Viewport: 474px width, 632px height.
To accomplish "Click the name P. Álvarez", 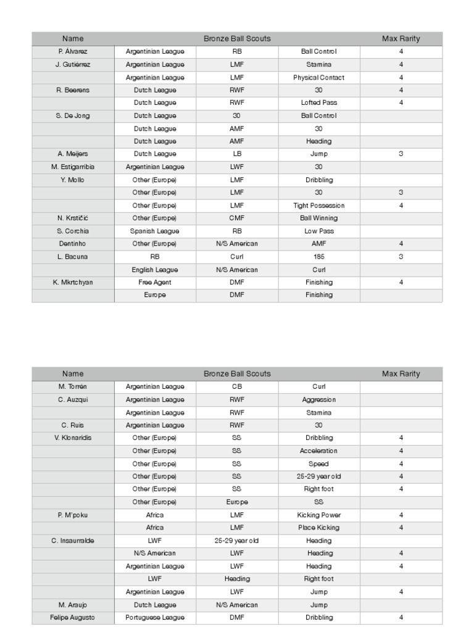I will pos(73,52).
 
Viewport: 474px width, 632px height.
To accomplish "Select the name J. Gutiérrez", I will pos(73,65).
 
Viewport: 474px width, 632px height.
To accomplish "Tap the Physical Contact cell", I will pos(318,78).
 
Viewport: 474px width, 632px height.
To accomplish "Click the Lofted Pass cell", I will pos(318,103).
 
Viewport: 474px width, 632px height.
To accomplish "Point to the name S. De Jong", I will pos(73,116).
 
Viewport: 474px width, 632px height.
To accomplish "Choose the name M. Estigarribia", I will pos(73,167).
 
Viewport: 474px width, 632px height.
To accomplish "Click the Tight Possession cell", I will pos(318,206).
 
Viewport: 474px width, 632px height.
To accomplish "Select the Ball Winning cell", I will pos(318,218).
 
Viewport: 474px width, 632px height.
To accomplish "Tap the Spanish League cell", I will pos(155,231).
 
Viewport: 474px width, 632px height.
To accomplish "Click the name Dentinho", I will pos(73,244).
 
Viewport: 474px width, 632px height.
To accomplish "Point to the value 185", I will pos(318,257).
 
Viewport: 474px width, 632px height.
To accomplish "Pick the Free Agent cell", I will pos(155,283).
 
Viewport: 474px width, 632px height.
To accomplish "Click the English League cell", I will pos(155,270).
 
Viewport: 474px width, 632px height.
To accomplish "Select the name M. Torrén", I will pos(73,387).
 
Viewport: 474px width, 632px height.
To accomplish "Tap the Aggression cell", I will pos(318,400).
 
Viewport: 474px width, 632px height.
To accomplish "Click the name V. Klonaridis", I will pos(73,438).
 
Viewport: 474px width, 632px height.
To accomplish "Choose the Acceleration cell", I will pos(318,451).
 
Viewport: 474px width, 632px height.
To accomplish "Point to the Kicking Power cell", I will pos(318,515).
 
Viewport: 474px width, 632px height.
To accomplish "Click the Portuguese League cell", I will pos(155,618).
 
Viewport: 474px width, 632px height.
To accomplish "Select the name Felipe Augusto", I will pos(73,618).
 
